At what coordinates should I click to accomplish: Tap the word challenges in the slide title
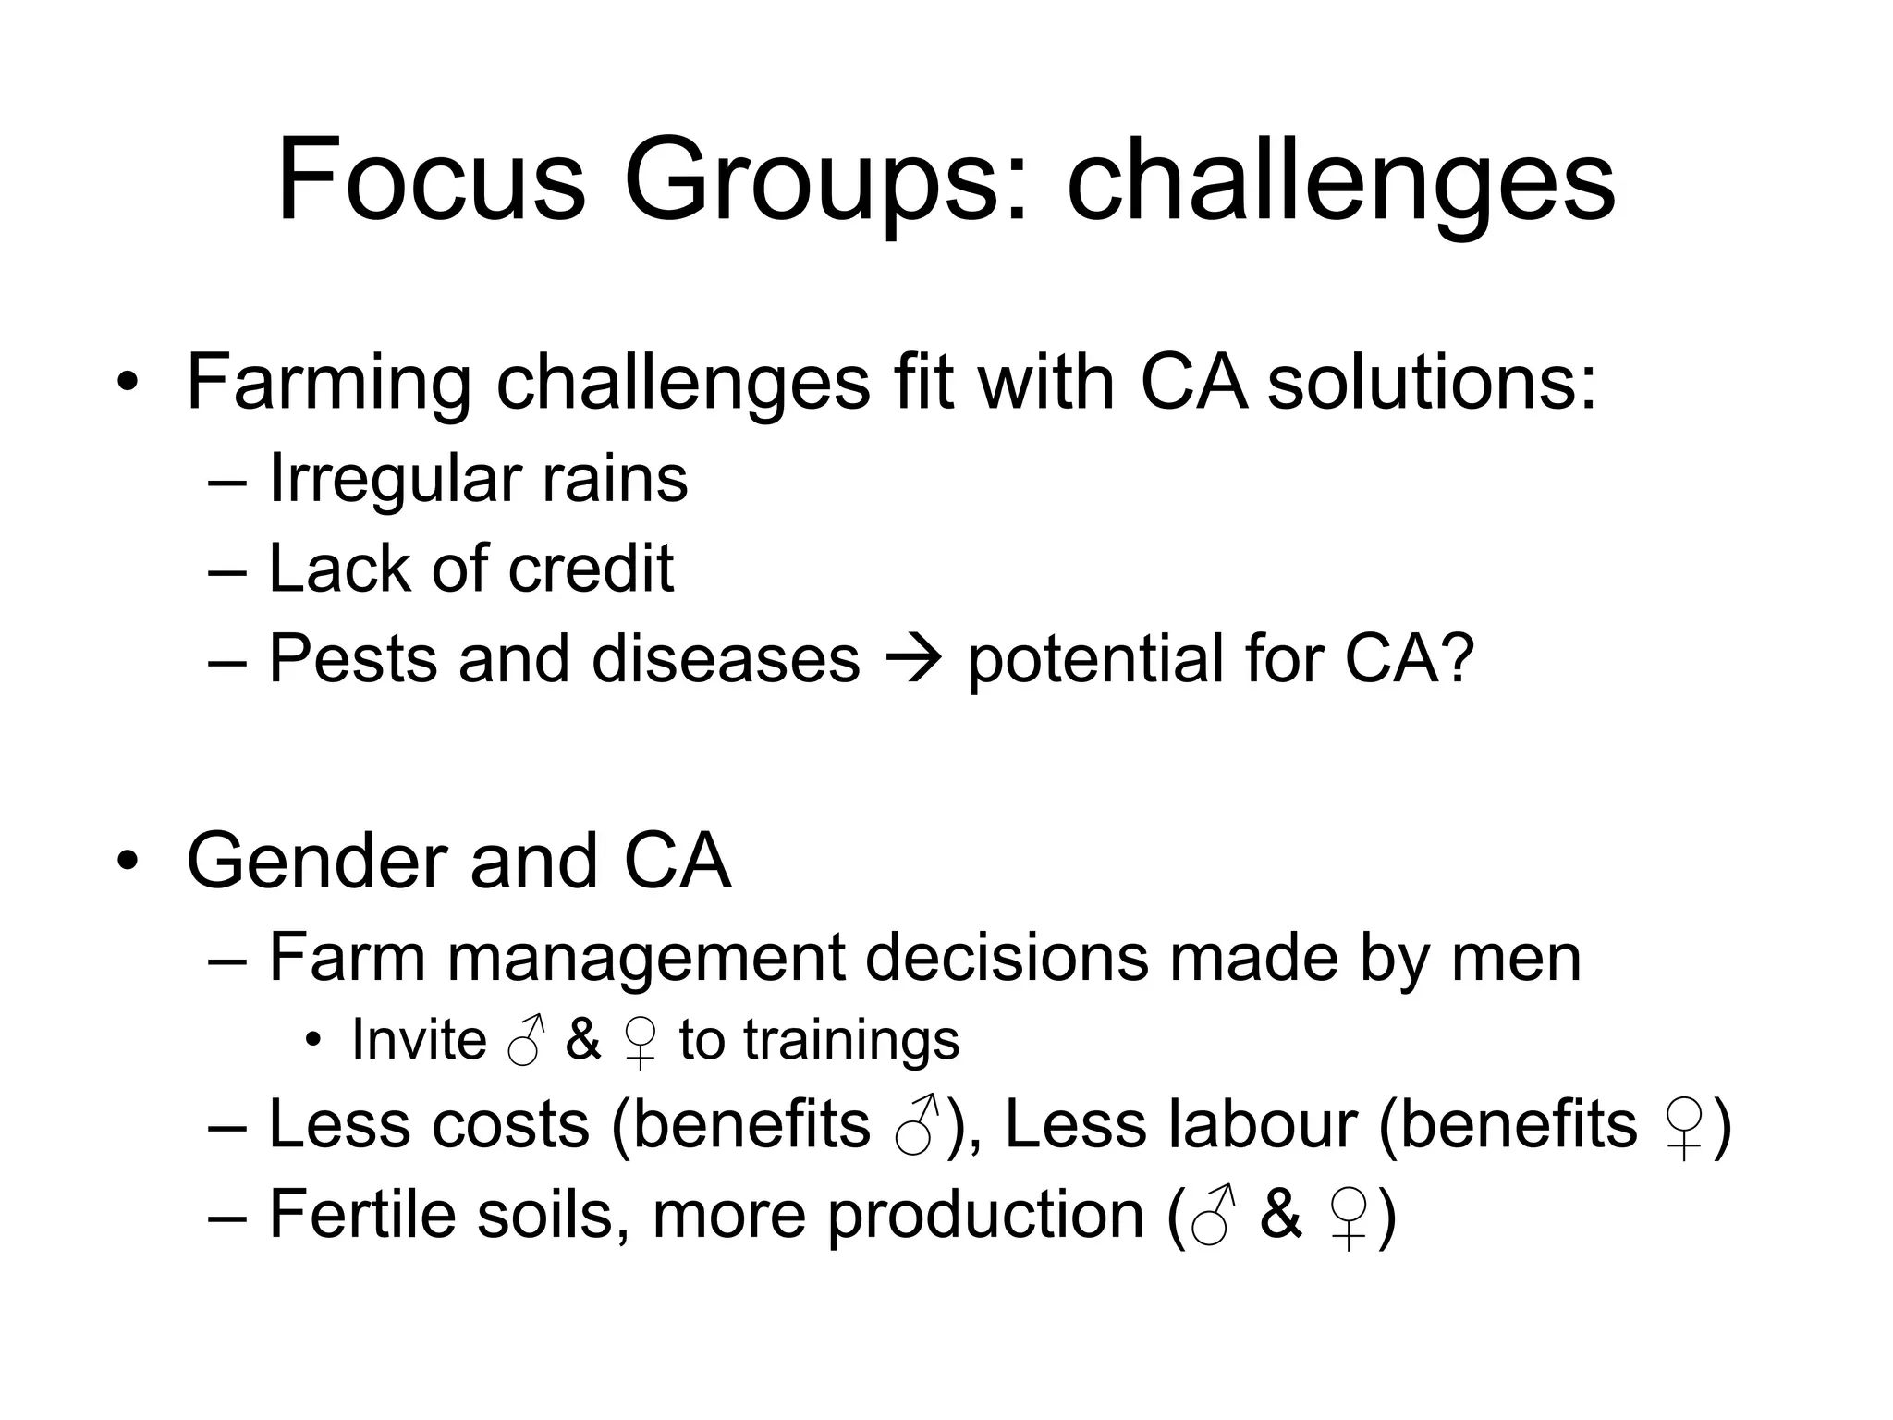1340,183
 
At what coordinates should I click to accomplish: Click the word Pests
352,658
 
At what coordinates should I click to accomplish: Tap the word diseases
726,658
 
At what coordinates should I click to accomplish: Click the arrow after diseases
913,660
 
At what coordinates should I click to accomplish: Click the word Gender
313,862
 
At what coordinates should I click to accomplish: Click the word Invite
419,1040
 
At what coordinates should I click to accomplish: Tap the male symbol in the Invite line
526,1041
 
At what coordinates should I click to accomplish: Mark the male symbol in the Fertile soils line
1213,1215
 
